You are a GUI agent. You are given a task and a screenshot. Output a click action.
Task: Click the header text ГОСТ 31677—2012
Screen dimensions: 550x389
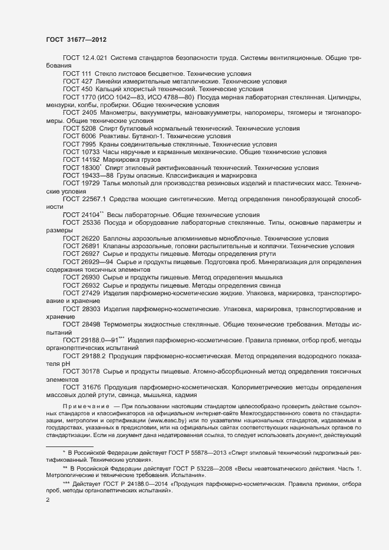point(76,40)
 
